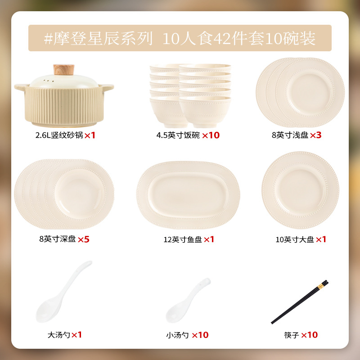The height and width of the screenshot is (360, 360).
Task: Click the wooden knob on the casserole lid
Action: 64,70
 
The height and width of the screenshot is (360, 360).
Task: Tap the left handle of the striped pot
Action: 21,87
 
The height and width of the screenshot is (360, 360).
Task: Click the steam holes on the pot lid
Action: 49,81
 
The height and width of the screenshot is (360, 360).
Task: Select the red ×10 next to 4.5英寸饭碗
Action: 211,135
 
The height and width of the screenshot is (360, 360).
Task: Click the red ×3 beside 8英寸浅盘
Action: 316,135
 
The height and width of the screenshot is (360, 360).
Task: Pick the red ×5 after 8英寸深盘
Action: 84,239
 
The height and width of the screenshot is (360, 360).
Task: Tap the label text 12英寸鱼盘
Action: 183,239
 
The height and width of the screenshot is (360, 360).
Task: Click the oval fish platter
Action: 188,195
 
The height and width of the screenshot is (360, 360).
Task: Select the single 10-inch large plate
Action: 300,190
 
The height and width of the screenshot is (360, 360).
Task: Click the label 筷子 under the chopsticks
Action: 291,335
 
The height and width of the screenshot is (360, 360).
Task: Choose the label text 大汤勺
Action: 59,335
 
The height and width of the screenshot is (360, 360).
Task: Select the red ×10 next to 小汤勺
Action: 200,335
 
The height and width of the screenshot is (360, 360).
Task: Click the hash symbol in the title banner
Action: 48,39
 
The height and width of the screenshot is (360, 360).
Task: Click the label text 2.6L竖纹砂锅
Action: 59,135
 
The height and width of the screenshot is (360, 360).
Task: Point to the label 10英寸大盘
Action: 295,239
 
